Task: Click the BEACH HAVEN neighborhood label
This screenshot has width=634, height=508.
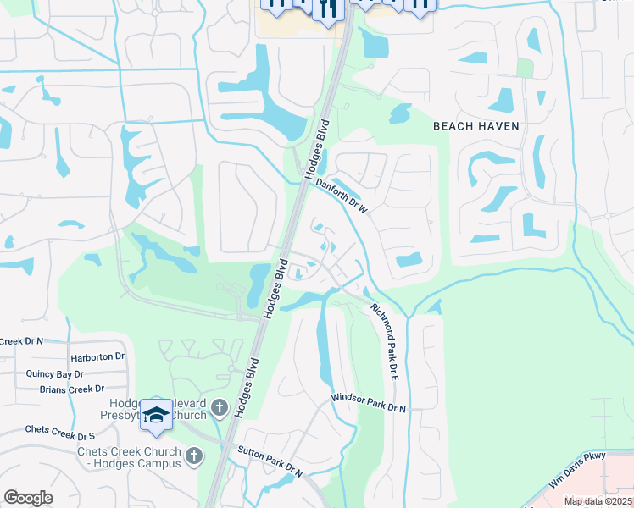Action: pos(475,125)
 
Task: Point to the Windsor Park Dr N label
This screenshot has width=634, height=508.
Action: pos(369,402)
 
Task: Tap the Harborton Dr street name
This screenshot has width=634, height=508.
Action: pos(98,356)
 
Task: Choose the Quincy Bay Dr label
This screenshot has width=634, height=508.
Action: pos(54,373)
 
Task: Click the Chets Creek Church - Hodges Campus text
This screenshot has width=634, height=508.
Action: pos(129,457)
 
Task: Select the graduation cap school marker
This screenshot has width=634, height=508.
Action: pos(156,414)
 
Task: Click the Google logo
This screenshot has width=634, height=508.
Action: pos(28,497)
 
